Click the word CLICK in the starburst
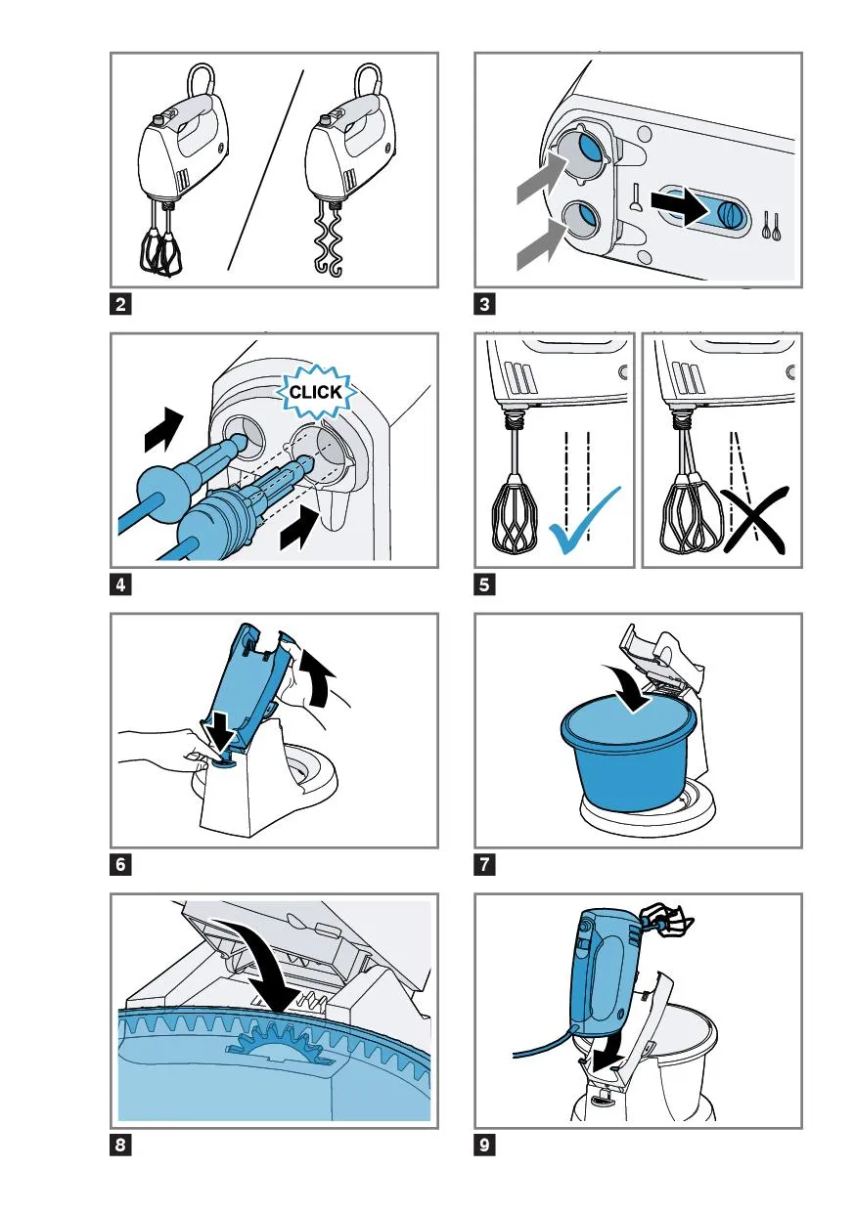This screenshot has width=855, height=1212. [316, 391]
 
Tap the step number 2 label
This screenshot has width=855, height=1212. [120, 304]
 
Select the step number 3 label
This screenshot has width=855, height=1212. [484, 304]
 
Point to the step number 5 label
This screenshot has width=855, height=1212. [484, 584]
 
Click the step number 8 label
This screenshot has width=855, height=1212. [120, 1145]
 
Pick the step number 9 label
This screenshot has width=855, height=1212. [484, 1145]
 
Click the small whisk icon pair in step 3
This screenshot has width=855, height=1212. [771, 225]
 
